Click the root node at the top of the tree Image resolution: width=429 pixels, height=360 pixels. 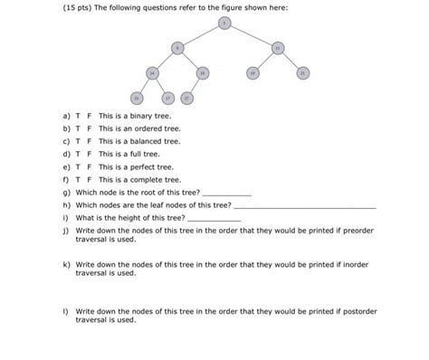tap(224, 24)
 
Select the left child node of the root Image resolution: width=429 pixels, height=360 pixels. tap(178, 48)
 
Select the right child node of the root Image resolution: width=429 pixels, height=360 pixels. tap(278, 48)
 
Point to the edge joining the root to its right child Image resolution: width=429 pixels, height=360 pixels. tap(252, 35)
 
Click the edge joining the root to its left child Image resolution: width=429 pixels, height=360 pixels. tap(201, 35)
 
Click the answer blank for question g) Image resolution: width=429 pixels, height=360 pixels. tap(227, 194)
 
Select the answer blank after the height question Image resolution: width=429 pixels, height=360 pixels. tap(214, 220)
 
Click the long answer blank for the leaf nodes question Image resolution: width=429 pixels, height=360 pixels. tap(304, 207)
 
